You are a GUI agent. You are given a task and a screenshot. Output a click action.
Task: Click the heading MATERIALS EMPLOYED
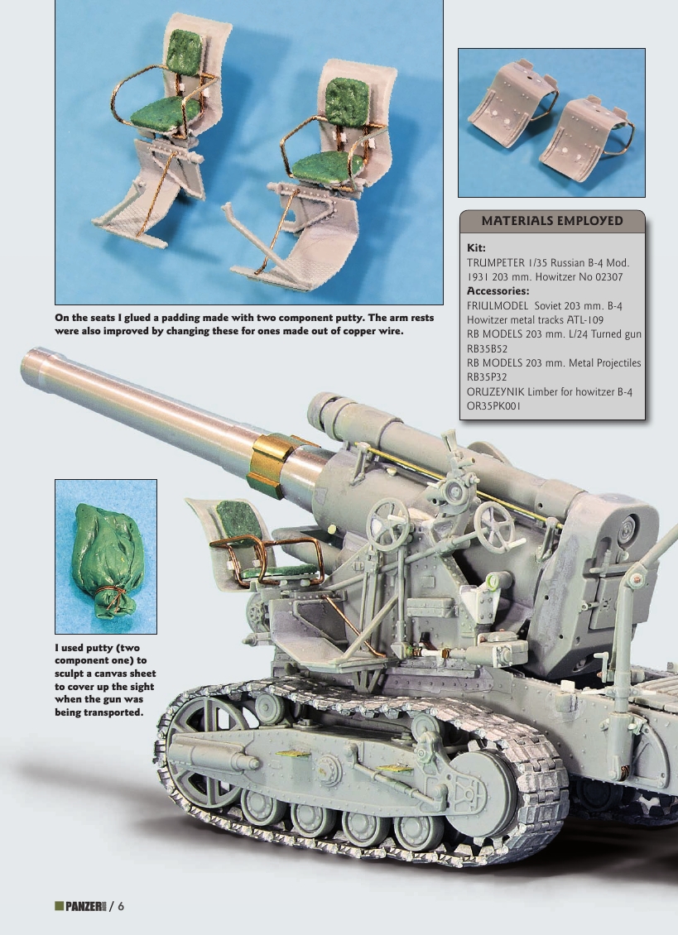click(x=551, y=221)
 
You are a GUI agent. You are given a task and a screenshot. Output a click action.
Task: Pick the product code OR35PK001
click(x=494, y=405)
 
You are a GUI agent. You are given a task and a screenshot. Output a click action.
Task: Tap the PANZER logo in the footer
click(x=79, y=905)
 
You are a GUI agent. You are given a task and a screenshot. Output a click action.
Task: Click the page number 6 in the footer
click(x=121, y=905)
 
